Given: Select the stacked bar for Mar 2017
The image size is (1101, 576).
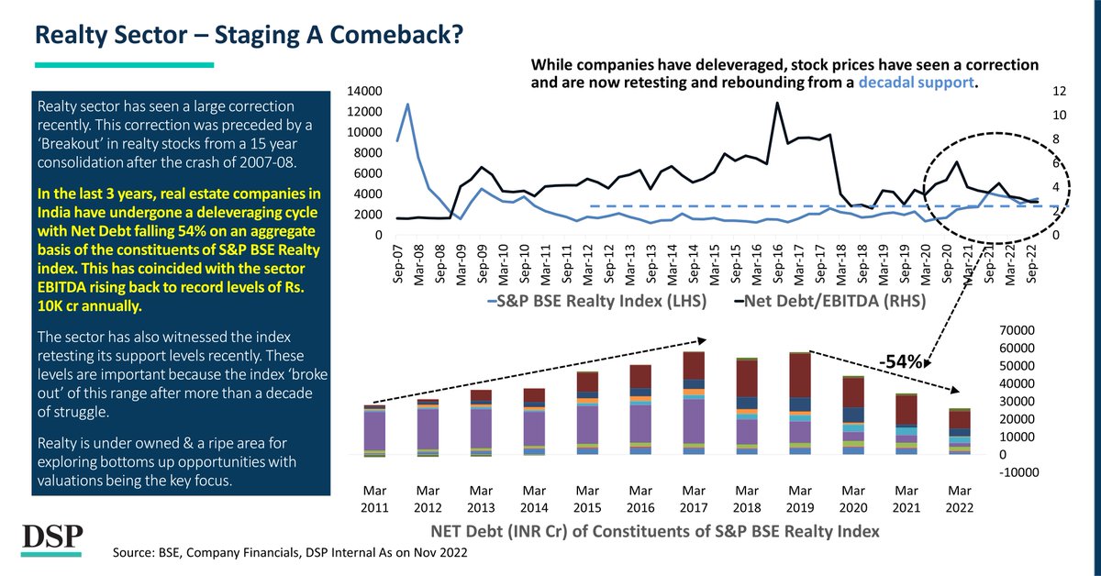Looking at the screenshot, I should (x=695, y=403).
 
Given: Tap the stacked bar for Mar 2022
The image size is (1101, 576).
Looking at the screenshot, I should (x=960, y=431).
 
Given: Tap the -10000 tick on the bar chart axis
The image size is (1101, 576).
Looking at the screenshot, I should (x=1016, y=472).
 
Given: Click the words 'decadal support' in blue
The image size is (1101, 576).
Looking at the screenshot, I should (x=917, y=83).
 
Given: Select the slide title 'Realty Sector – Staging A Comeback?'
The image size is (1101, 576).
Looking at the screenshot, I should (x=248, y=37).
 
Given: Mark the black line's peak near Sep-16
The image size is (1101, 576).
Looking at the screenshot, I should (x=778, y=103).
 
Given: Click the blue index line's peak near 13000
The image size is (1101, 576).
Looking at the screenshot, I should (x=407, y=104).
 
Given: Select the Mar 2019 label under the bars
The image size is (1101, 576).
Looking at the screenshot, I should (x=801, y=500).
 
